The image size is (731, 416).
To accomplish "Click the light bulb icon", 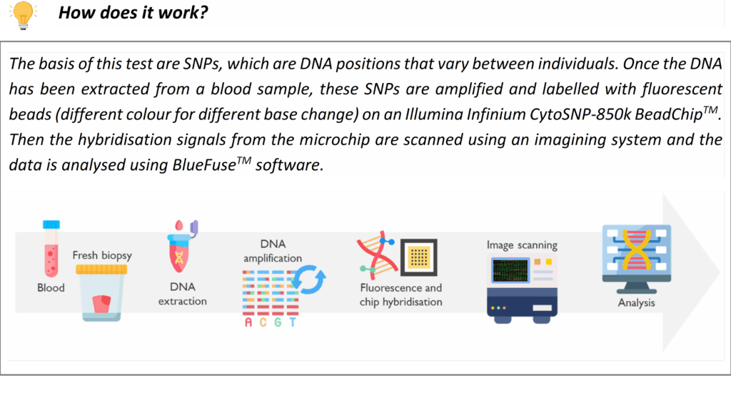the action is pos(23,15).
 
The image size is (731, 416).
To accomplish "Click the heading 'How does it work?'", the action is pos(133,13).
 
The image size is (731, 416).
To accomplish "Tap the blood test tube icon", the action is pos(51,249).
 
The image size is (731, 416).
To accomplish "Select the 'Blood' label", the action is pos(51,287).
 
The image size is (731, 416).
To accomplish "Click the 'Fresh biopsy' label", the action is pos(102,255).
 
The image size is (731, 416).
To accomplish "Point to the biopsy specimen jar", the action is pos(101,293).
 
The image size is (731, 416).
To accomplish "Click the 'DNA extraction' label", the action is pos(182,294).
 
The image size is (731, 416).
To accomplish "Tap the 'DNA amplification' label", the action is pos(273,251).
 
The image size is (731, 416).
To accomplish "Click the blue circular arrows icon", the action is pos(308,279).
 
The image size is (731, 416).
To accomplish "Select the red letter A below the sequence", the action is pos(248,322).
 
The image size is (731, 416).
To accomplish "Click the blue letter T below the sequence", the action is pos(292,322).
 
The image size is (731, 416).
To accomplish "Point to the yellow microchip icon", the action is pos(418,257).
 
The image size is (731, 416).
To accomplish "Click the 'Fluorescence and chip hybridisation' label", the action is pos(401,294).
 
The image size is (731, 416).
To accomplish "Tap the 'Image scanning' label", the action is pos(522,245).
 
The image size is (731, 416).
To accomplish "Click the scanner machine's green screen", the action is pos(510,270).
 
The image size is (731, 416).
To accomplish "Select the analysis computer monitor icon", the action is pos(637,259).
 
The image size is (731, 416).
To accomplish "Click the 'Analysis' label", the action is pos(636,302).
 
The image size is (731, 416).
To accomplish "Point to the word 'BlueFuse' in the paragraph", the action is pos(204,165).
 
